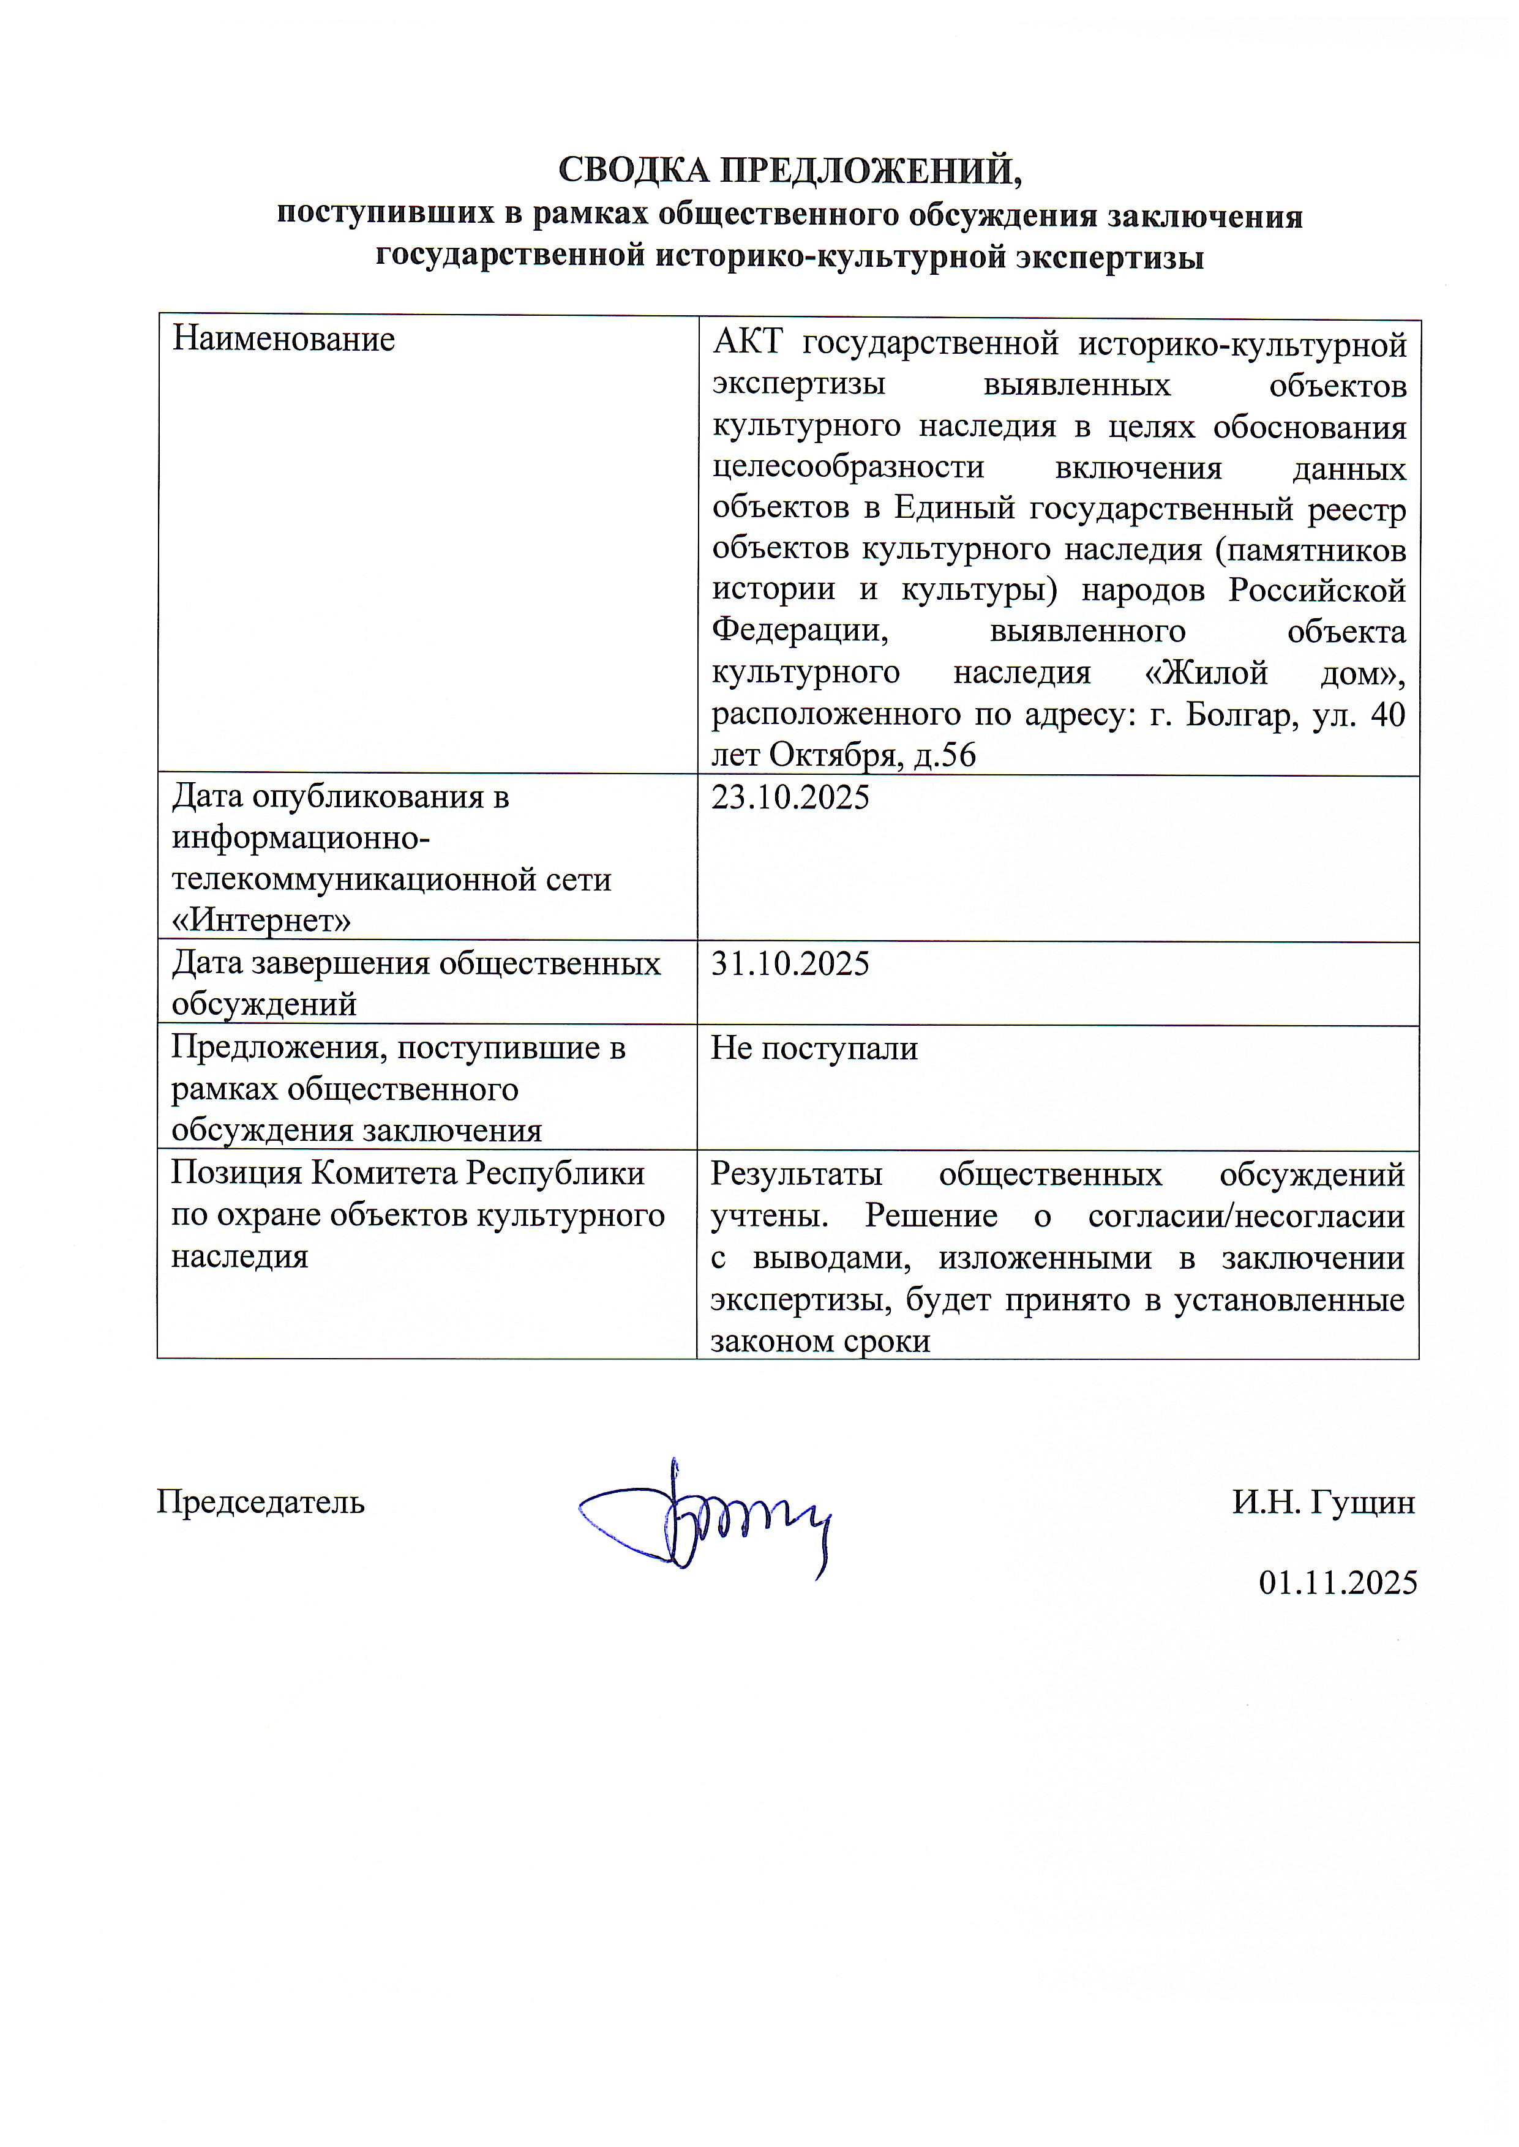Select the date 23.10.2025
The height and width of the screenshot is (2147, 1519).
click(790, 797)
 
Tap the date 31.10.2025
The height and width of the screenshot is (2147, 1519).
click(790, 963)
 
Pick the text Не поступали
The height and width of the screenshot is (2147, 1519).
click(814, 1048)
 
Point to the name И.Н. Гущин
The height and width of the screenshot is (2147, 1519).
click(1322, 1502)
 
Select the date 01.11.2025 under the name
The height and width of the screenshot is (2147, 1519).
click(1338, 1582)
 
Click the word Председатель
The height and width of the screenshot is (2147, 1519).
click(260, 1502)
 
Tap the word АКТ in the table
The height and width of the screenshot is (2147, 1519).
click(746, 344)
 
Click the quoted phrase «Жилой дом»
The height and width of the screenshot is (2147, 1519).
click(1273, 673)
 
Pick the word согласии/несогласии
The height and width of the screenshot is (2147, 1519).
click(1246, 1215)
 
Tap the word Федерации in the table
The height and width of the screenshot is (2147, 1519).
click(800, 630)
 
